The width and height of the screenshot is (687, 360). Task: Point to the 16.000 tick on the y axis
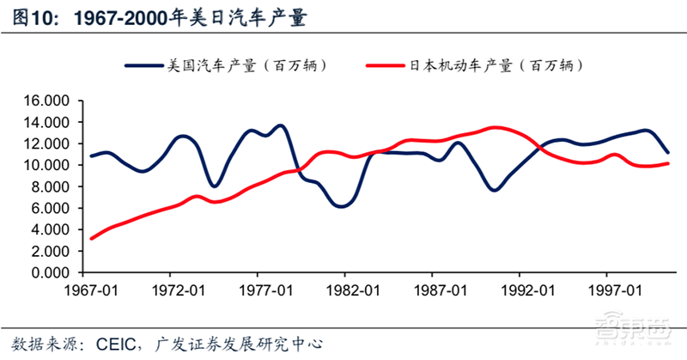click(48, 101)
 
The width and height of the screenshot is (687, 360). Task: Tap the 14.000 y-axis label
click(48, 122)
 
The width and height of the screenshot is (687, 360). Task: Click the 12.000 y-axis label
click(48, 143)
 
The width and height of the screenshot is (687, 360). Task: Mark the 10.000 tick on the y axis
click(48, 165)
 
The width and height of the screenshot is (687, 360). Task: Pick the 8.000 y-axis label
click(52, 186)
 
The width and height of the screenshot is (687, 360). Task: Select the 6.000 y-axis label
click(52, 208)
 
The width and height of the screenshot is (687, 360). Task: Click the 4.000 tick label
click(52, 230)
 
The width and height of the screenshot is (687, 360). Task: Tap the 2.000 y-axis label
click(52, 252)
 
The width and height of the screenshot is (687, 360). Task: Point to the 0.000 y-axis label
click(52, 273)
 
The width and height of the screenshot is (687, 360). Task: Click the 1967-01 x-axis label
click(91, 291)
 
